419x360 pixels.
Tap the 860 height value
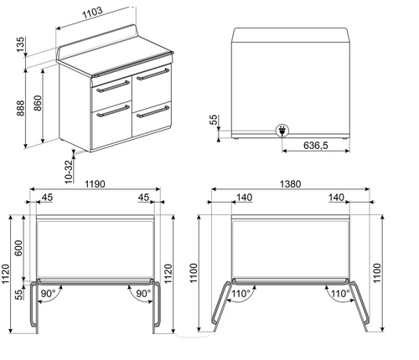tap(38, 105)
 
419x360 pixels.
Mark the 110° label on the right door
tap(339, 294)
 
